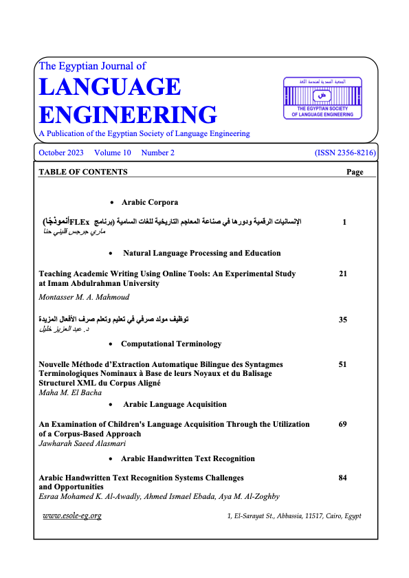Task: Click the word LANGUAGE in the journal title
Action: coord(110,87)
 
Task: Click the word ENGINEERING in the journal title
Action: coord(128,114)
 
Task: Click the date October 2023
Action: coord(61,153)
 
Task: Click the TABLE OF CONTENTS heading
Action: coord(83,172)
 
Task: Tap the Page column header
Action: coord(355,172)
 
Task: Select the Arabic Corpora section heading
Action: coord(150,202)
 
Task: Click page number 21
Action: coord(343,274)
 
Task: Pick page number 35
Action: coord(343,320)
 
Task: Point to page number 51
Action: coord(343,365)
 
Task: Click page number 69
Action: coord(343,425)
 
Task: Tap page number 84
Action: coord(343,476)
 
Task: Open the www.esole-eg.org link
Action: coord(72,515)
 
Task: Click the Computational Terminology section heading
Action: coord(171,343)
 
